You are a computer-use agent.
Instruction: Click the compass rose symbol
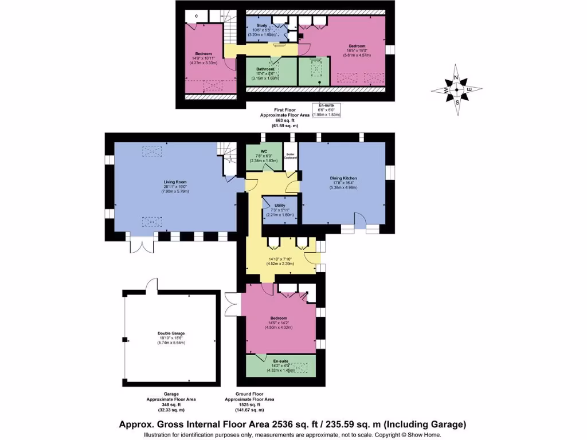coord(456,90)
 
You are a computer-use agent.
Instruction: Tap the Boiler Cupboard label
coord(291,156)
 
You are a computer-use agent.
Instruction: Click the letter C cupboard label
coord(197,15)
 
